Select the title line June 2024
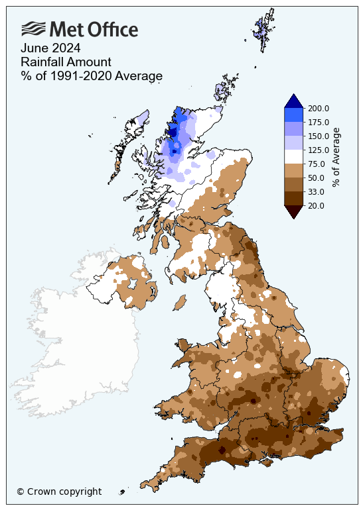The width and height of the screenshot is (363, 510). pyautogui.click(x=50, y=48)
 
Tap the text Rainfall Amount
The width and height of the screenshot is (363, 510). pyautogui.click(x=65, y=62)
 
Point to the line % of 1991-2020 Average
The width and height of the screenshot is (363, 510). pyautogui.click(x=92, y=76)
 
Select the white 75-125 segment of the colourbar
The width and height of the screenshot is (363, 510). pyautogui.click(x=293, y=156)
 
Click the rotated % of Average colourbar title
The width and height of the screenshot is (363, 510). pyautogui.click(x=336, y=157)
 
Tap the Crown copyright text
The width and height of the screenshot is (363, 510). pyautogui.click(x=59, y=491)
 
